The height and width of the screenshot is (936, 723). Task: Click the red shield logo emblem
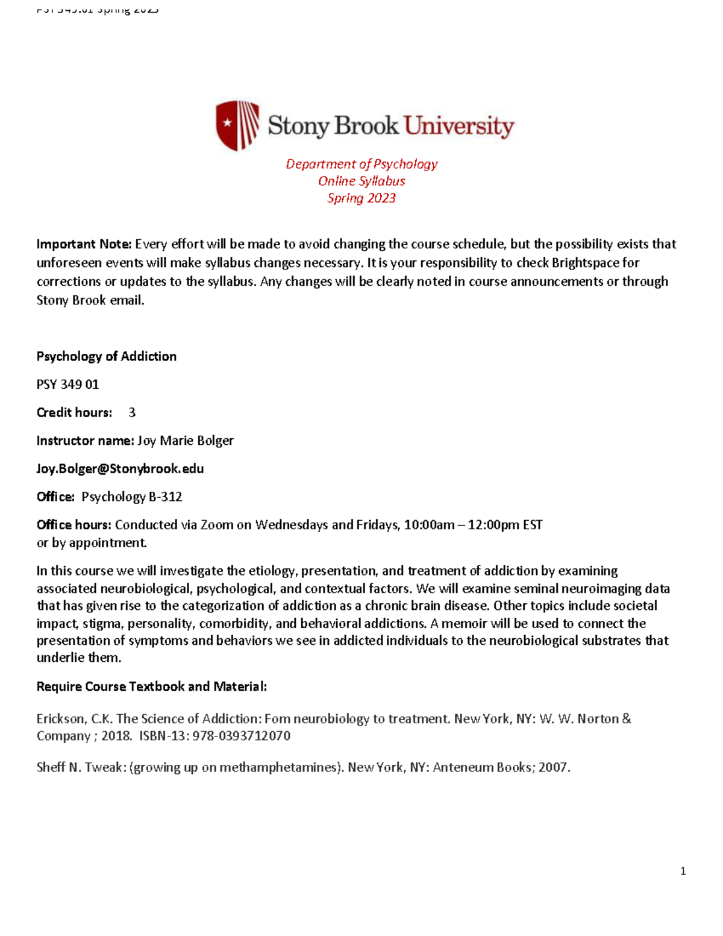237,125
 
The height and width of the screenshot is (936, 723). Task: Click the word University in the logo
459,126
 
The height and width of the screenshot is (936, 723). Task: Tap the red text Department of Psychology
361,164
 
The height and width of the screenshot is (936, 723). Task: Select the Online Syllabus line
361,181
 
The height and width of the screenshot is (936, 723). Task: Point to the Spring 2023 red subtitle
361,198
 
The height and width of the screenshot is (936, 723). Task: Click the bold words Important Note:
84,244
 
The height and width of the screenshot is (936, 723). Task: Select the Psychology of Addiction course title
107,356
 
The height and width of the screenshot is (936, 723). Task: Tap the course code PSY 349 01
67,385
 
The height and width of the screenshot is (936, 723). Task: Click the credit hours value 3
132,413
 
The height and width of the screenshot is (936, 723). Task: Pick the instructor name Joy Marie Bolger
186,441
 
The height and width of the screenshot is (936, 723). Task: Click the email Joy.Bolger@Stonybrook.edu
120,469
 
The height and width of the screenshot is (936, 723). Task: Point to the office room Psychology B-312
132,497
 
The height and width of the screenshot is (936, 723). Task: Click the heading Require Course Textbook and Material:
151,686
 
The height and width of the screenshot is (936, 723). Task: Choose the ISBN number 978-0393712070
241,736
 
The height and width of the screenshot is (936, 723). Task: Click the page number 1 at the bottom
683,871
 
